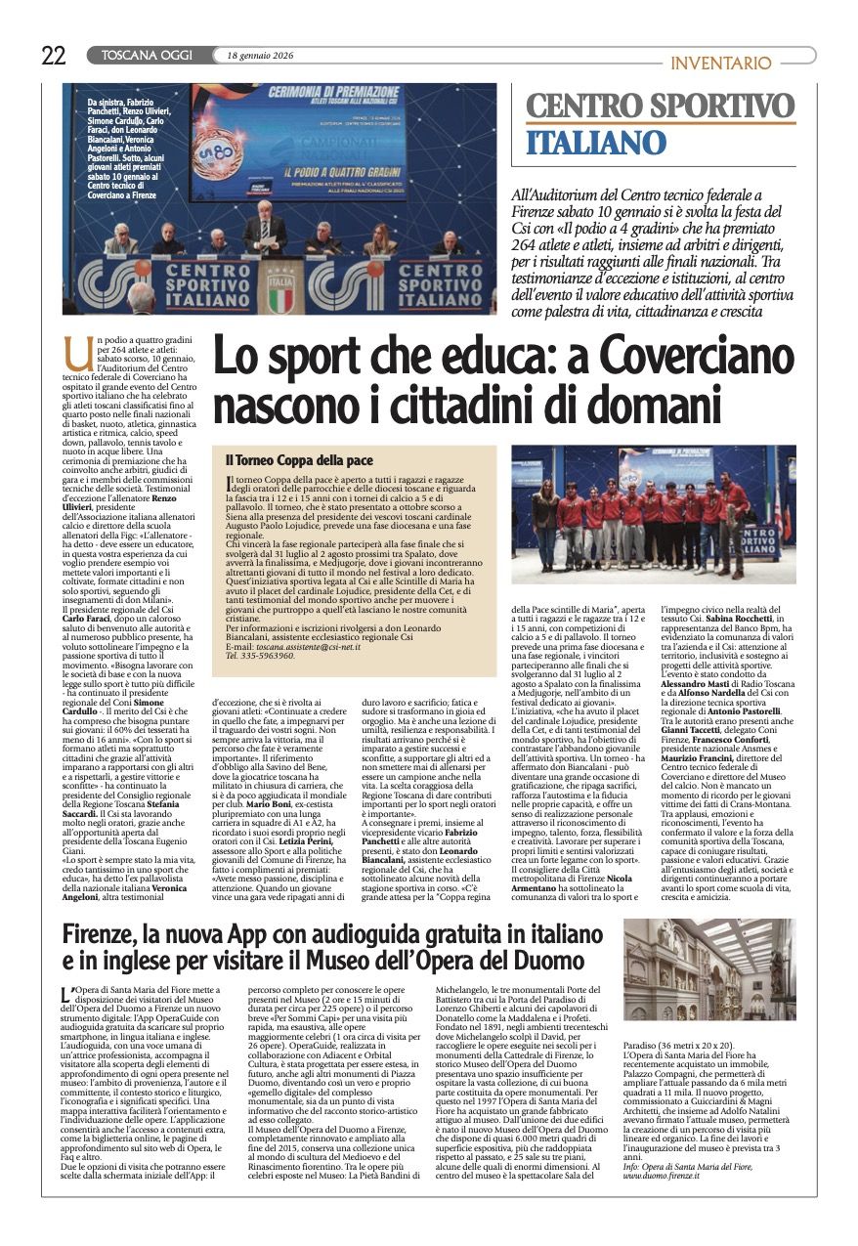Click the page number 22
tap(54, 55)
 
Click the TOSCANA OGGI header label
tap(147, 56)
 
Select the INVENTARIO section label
tap(721, 63)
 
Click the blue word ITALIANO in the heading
tap(596, 143)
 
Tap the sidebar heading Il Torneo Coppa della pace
tap(299, 459)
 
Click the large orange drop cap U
tap(71, 348)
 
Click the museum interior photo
tap(709, 969)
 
